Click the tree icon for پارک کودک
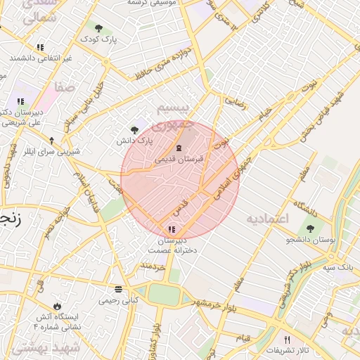[x=98, y=29]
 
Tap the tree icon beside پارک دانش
[x=134, y=129]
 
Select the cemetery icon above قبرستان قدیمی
[x=178, y=148]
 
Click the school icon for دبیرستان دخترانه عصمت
[x=172, y=229]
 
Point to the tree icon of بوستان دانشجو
[x=310, y=229]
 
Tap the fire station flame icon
[x=58, y=306]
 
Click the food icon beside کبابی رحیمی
[x=117, y=289]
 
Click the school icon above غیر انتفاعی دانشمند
[x=40, y=47]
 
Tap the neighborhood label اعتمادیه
[x=267, y=219]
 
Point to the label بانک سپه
[x=338, y=267]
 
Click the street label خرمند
[x=153, y=266]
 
